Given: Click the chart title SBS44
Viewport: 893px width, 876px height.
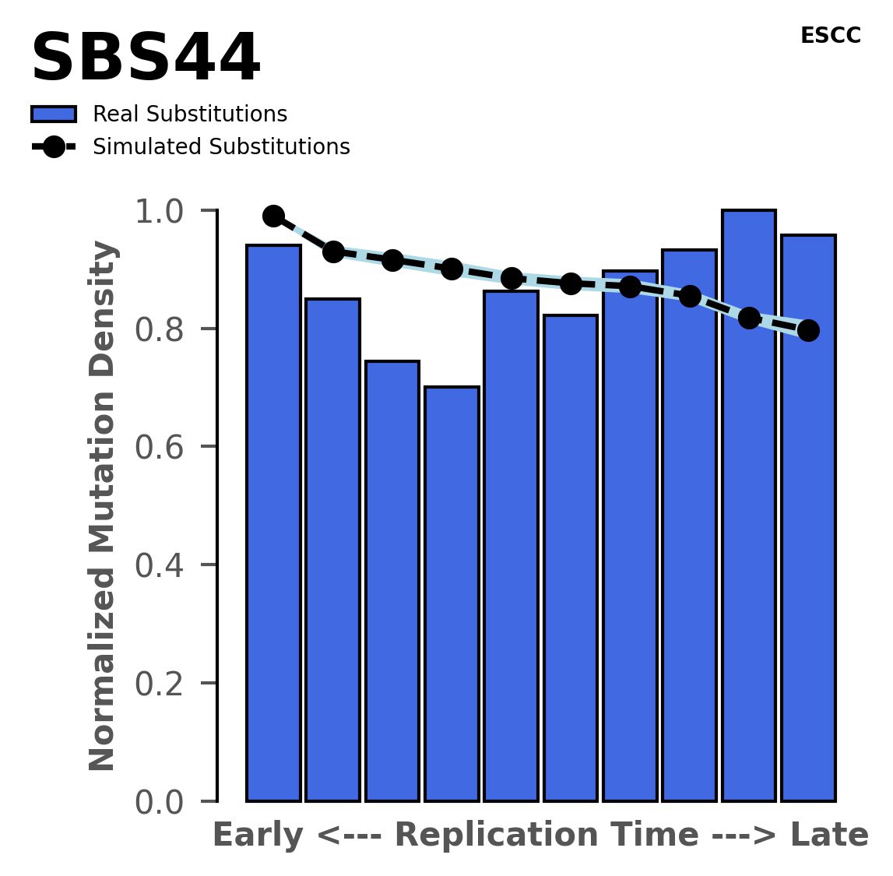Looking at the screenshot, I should pos(146,59).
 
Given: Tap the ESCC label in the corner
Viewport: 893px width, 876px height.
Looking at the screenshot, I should pos(830,36).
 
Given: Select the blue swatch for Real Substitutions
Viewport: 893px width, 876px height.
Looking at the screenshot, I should pos(54,114).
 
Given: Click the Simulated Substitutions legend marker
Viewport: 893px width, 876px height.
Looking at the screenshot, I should pos(54,147).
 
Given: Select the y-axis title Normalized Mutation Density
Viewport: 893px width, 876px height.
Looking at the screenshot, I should pos(103,505).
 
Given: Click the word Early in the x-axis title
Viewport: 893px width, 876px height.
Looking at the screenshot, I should pos(258,836).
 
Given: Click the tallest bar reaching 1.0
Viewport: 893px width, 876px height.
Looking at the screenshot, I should pos(748,506).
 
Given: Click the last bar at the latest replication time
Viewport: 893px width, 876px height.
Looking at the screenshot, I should pos(808,518).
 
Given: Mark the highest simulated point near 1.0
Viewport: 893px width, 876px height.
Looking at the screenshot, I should pos(273,216).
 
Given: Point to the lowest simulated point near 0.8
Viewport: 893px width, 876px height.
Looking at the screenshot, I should pos(808,330).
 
